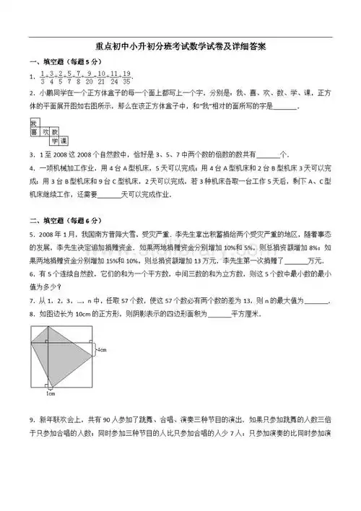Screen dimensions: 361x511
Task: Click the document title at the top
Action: pos(180,47)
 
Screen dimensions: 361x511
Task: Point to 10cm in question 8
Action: pos(84,315)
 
